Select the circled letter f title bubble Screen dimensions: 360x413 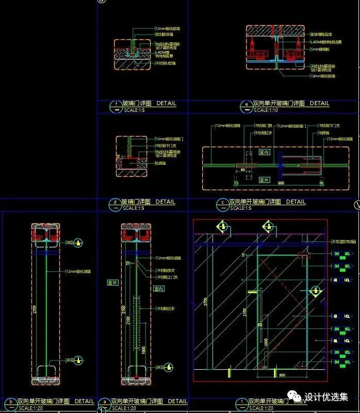click(114, 106)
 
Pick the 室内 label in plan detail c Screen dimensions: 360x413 click(264, 153)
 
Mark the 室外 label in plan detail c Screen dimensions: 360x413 click(264, 180)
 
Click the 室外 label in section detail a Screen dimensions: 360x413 click(112, 283)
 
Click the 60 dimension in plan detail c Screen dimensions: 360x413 click(242, 169)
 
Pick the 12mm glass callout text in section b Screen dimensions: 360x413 click(78, 271)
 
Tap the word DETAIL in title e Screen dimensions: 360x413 click(319, 104)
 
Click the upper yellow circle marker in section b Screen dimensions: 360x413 click(77, 242)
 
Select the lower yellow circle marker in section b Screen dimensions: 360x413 click(77, 360)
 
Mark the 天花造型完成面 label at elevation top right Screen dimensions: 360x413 click(342, 242)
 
